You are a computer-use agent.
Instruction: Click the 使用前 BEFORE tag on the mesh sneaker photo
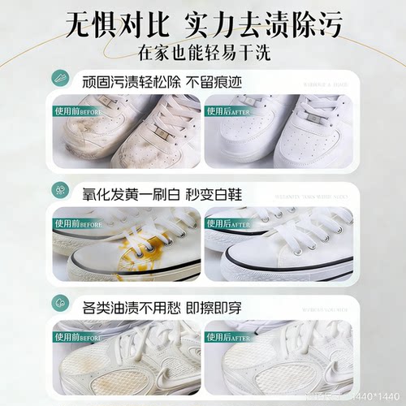[78, 336]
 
